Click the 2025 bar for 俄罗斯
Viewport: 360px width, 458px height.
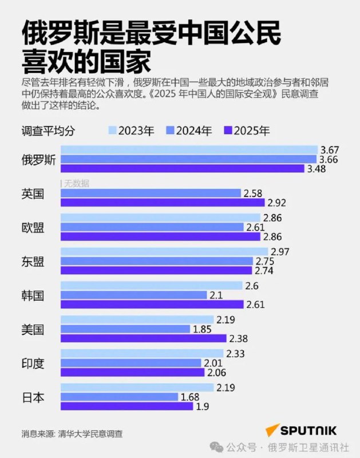(x=183, y=168)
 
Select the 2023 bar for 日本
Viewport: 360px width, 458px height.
(x=137, y=388)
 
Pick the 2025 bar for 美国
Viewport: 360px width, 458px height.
(x=144, y=338)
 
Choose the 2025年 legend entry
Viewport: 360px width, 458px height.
(x=250, y=131)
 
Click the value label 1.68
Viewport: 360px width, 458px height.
(x=191, y=397)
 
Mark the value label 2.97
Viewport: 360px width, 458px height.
(x=279, y=252)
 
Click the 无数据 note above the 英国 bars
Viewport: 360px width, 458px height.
(x=77, y=184)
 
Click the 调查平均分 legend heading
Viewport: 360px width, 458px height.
(x=48, y=131)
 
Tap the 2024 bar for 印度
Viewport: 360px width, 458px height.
(x=131, y=363)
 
